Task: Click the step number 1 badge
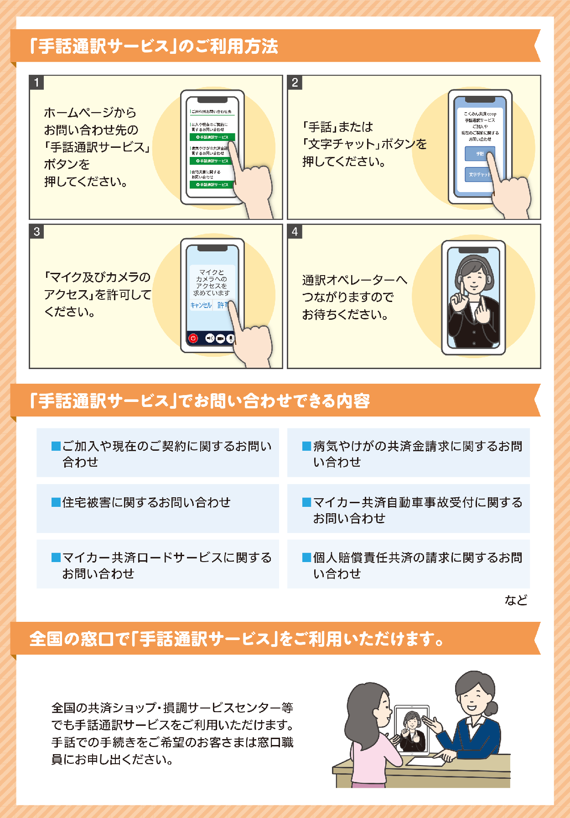click(x=36, y=83)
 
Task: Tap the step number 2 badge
click(x=295, y=83)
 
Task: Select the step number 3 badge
click(x=36, y=232)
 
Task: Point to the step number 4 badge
click(x=295, y=232)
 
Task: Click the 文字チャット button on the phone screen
click(x=479, y=174)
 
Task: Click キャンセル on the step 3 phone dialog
click(x=201, y=305)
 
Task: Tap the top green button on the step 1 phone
click(x=212, y=137)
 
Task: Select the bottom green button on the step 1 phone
click(x=212, y=184)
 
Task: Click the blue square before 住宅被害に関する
click(x=56, y=502)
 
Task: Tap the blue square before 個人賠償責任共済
click(x=306, y=557)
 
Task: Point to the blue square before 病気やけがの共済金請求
click(x=306, y=446)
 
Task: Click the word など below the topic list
click(x=516, y=600)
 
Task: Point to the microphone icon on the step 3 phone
click(x=231, y=339)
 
